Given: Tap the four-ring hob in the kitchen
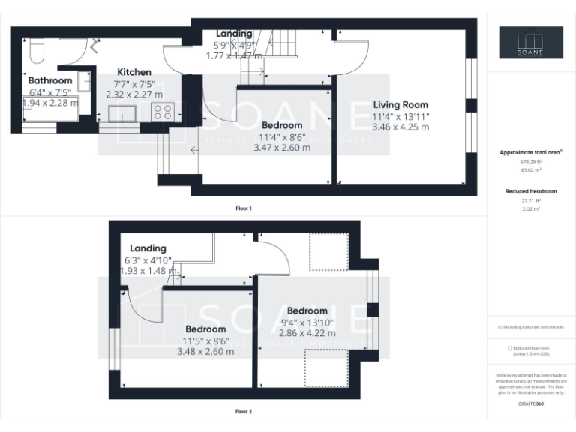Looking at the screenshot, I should pyautogui.click(x=163, y=112).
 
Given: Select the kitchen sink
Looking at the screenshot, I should pyautogui.click(x=122, y=113).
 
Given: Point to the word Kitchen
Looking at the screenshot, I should pyautogui.click(x=133, y=72).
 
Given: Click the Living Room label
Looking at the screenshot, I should pyautogui.click(x=400, y=105).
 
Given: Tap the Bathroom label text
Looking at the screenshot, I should pyautogui.click(x=50, y=80).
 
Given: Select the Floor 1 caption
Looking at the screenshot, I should pyautogui.click(x=244, y=208).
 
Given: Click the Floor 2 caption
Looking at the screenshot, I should pyautogui.click(x=244, y=411).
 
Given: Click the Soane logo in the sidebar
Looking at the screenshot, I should pyautogui.click(x=532, y=43).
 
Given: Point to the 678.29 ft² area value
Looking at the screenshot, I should pyautogui.click(x=532, y=162).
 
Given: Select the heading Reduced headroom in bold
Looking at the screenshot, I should pyautogui.click(x=532, y=192).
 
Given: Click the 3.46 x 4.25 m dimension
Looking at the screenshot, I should pyautogui.click(x=400, y=127).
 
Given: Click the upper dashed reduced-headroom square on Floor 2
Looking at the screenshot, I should pyautogui.click(x=328, y=251).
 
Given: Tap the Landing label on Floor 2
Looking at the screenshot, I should pyautogui.click(x=148, y=248).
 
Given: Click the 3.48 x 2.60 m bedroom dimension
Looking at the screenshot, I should pyautogui.click(x=205, y=351).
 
